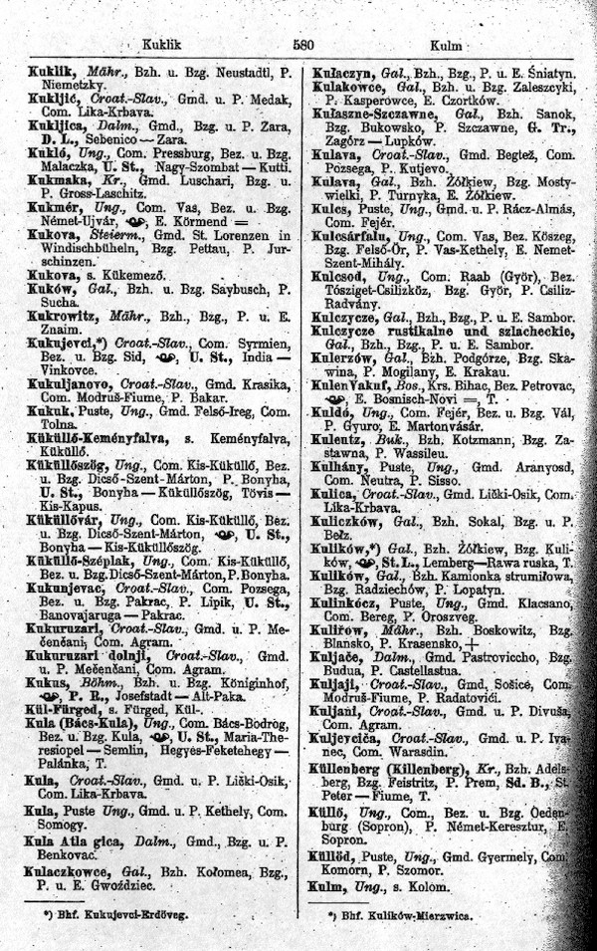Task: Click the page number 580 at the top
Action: pyautogui.click(x=303, y=44)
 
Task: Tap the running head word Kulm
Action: pyautogui.click(x=443, y=45)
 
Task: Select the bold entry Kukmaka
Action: pyautogui.click(x=54, y=182)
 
